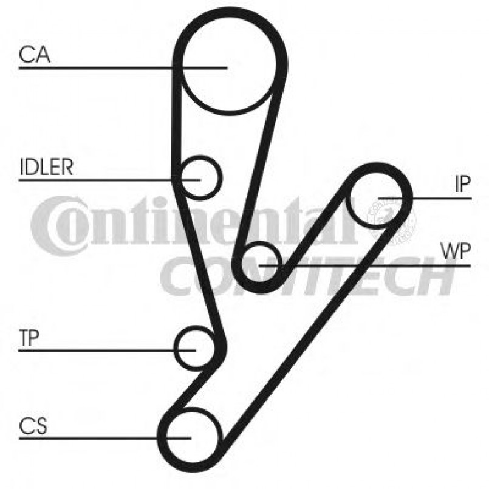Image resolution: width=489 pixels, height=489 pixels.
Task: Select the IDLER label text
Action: point(46,168)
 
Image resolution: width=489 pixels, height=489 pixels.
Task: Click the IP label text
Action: point(463,185)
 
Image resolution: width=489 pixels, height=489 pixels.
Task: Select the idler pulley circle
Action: point(200,177)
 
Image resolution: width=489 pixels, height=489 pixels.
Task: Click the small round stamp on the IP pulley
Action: point(392,218)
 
